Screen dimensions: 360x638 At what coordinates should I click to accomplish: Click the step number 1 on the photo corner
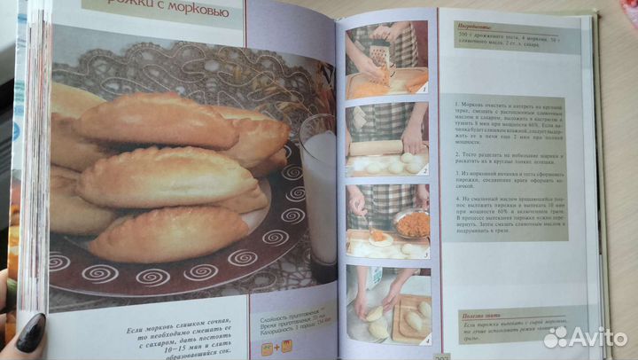424,90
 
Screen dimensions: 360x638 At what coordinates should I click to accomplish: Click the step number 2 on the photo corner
424,170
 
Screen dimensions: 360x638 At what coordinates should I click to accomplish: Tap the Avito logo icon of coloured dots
558,336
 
